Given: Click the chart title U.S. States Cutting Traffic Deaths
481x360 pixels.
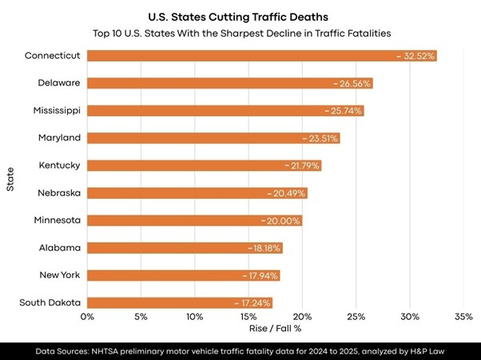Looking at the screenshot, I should click(240, 15).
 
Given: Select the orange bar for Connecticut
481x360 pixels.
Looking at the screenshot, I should click(240, 56).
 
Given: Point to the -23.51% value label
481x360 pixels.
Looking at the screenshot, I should click(320, 138).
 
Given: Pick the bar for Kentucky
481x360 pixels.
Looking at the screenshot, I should click(184, 165).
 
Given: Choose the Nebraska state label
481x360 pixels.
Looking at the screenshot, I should click(59, 192).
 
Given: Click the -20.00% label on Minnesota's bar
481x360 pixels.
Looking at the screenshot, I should click(281, 220).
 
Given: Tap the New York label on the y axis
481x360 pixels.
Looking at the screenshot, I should click(60, 275).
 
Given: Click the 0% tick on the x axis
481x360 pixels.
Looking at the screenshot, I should click(87, 316).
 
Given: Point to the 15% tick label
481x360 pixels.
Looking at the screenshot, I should click(248, 316).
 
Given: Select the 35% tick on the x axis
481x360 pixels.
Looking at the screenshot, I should click(463, 316).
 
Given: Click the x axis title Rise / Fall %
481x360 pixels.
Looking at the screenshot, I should click(275, 329).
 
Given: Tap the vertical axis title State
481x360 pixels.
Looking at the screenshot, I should click(10, 179).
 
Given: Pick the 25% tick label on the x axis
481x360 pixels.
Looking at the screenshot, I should click(356, 316).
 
